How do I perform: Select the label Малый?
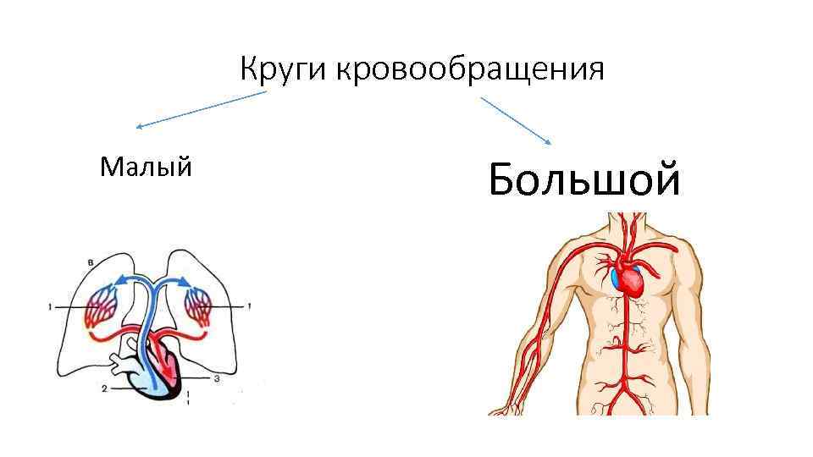pos(145,167)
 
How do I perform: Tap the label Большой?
pos(584,179)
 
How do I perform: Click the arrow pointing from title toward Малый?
pos(202,110)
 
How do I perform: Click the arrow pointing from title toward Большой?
pos(517,119)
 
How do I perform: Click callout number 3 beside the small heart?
pos(217,379)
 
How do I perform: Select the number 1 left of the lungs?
pos(52,306)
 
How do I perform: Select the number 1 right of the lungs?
pos(249,306)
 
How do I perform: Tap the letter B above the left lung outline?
pos(90,262)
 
